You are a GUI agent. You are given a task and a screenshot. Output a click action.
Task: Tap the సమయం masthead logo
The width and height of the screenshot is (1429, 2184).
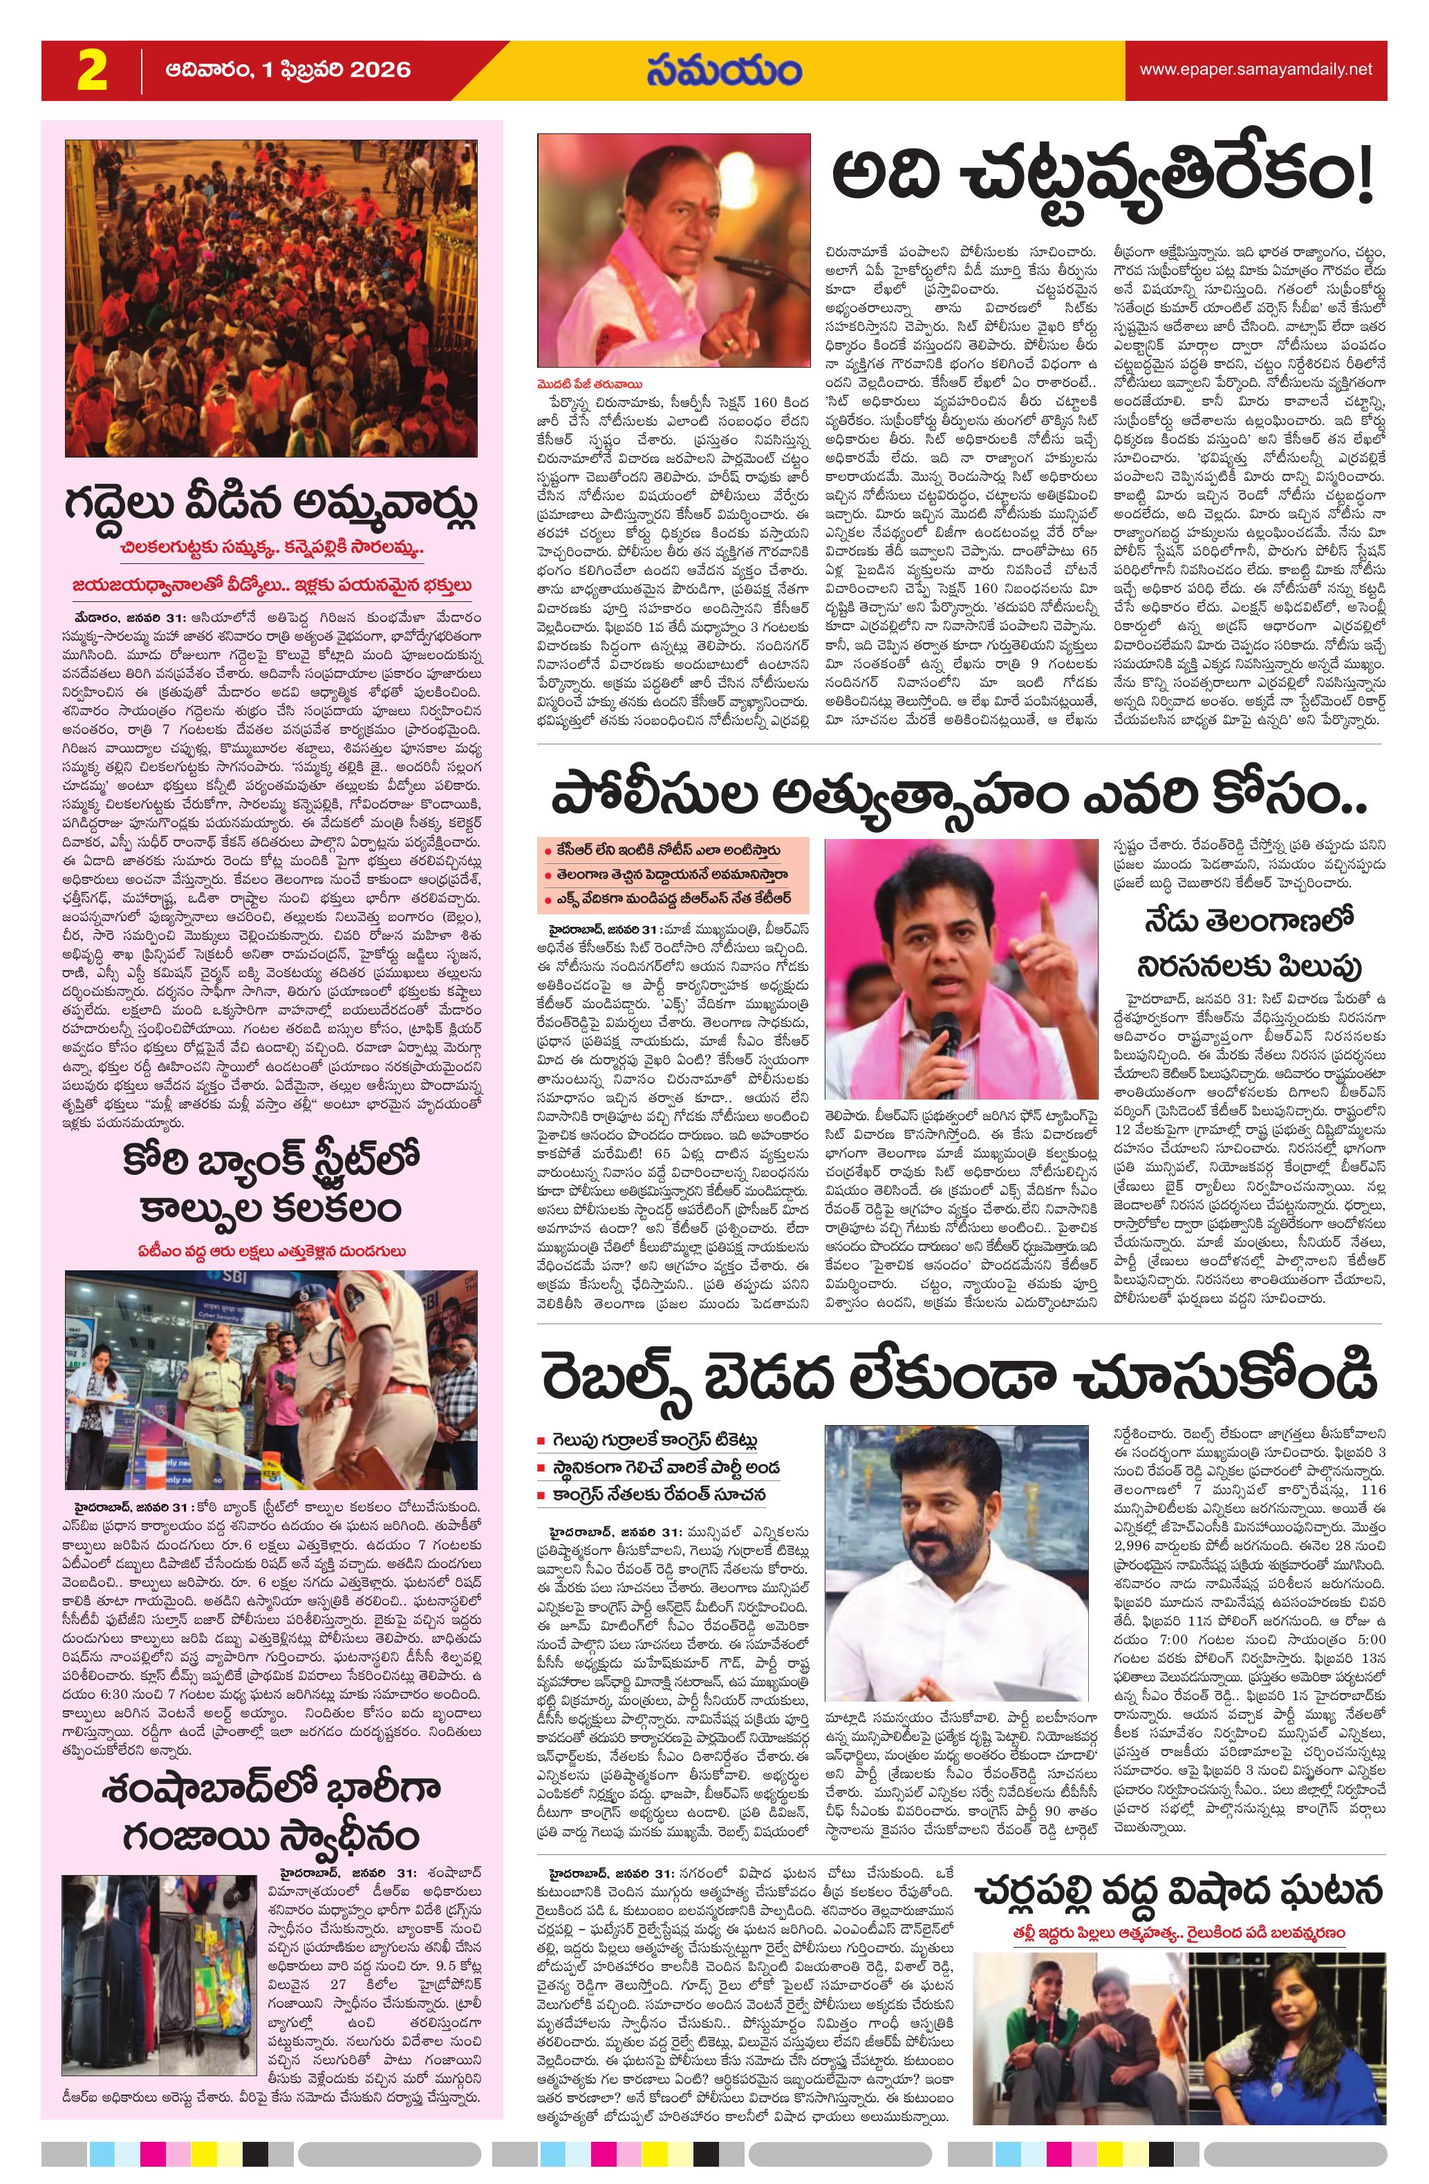pos(723,70)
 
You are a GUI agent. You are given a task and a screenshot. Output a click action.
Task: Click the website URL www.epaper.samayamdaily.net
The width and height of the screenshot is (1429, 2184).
pos(1255,70)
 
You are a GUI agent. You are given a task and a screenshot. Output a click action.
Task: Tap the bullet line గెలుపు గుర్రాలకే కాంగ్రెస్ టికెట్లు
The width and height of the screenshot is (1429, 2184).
pos(653,1440)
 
